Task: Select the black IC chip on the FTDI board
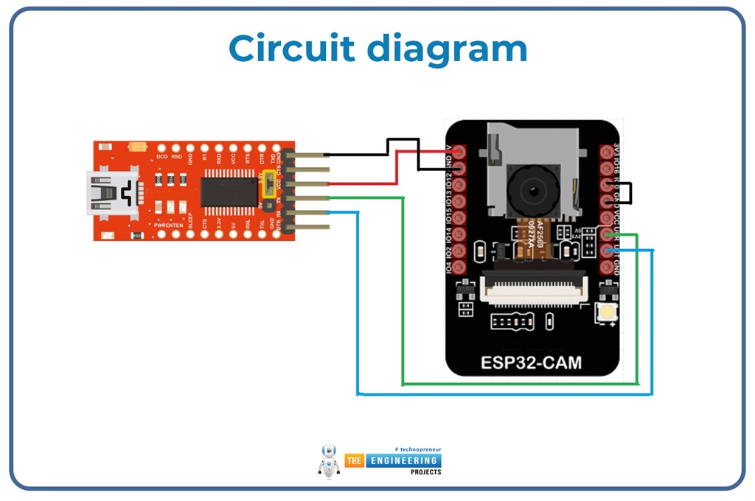(x=229, y=191)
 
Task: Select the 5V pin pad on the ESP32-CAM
(x=460, y=152)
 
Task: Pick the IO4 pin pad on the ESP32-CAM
(x=460, y=267)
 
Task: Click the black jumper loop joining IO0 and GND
(x=628, y=193)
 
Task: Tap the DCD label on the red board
(x=161, y=157)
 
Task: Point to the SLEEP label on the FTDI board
(x=191, y=220)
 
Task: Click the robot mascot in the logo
(x=329, y=460)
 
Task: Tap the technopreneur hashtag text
(x=418, y=449)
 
